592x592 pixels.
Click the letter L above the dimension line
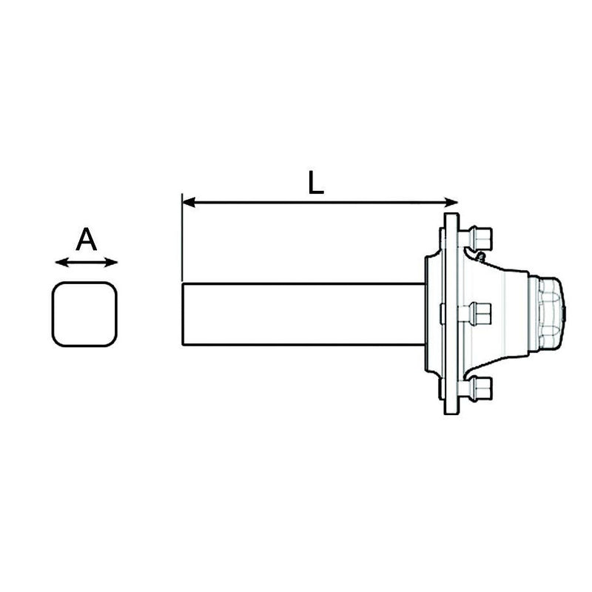(x=316, y=182)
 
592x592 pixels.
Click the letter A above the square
(x=87, y=240)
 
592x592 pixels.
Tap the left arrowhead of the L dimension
(x=188, y=202)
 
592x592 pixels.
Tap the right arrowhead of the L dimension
(x=452, y=202)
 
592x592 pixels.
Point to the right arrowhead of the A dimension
(x=112, y=262)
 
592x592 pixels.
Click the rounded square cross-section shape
(x=84, y=314)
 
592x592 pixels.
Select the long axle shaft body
(x=303, y=314)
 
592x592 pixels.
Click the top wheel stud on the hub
(x=478, y=238)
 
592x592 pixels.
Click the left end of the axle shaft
(x=184, y=314)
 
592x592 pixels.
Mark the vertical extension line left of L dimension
(x=182, y=237)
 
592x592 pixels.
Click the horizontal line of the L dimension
(x=318, y=202)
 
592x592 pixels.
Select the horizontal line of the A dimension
(x=87, y=262)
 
